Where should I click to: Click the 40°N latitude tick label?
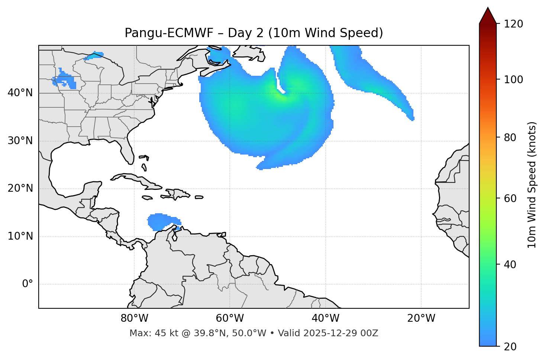point(20,93)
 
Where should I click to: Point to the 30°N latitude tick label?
point(20,141)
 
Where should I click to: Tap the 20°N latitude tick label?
point(20,188)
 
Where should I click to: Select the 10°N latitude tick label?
point(20,236)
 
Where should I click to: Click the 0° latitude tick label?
point(28,284)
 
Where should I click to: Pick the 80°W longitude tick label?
point(134,318)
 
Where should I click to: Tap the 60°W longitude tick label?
point(230,318)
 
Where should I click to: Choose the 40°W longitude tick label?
point(325,318)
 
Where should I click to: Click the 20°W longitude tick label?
point(421,318)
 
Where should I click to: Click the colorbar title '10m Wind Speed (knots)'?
point(532,185)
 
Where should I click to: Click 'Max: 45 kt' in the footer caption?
point(146,333)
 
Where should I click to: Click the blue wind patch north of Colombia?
point(160,221)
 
